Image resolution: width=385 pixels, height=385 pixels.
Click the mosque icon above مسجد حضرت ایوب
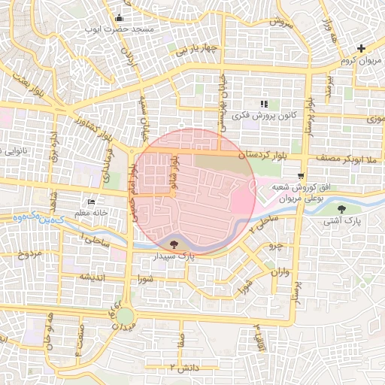coord(119,18)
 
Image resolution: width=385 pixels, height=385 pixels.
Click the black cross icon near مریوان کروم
coord(362,48)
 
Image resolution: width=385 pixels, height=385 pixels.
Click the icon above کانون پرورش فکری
coord(263,104)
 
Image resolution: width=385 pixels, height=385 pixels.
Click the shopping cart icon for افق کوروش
coord(301,177)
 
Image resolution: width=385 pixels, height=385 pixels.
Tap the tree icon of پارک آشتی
coord(342,210)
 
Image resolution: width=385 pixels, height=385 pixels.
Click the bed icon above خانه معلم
coord(92,202)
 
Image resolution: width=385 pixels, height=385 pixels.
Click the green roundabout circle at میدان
coord(126,317)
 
